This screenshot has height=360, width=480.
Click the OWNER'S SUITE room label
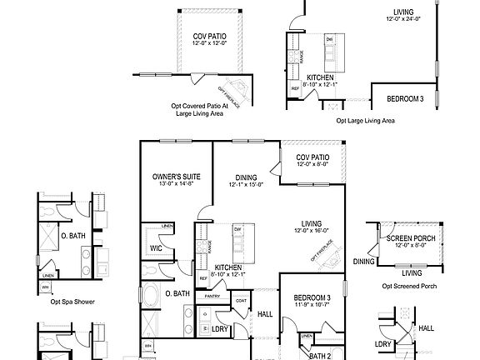173,177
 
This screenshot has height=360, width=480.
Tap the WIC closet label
155,247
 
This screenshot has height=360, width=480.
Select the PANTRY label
212,295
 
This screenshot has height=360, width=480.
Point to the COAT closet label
241,301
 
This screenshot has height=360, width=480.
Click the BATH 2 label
320,355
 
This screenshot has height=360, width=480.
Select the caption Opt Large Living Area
365,121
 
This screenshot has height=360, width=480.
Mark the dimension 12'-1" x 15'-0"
246,185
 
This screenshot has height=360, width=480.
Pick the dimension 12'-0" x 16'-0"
312,231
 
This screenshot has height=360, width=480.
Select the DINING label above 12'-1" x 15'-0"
246,177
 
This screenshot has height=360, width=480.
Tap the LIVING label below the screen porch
411,272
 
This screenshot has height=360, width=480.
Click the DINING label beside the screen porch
363,262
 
